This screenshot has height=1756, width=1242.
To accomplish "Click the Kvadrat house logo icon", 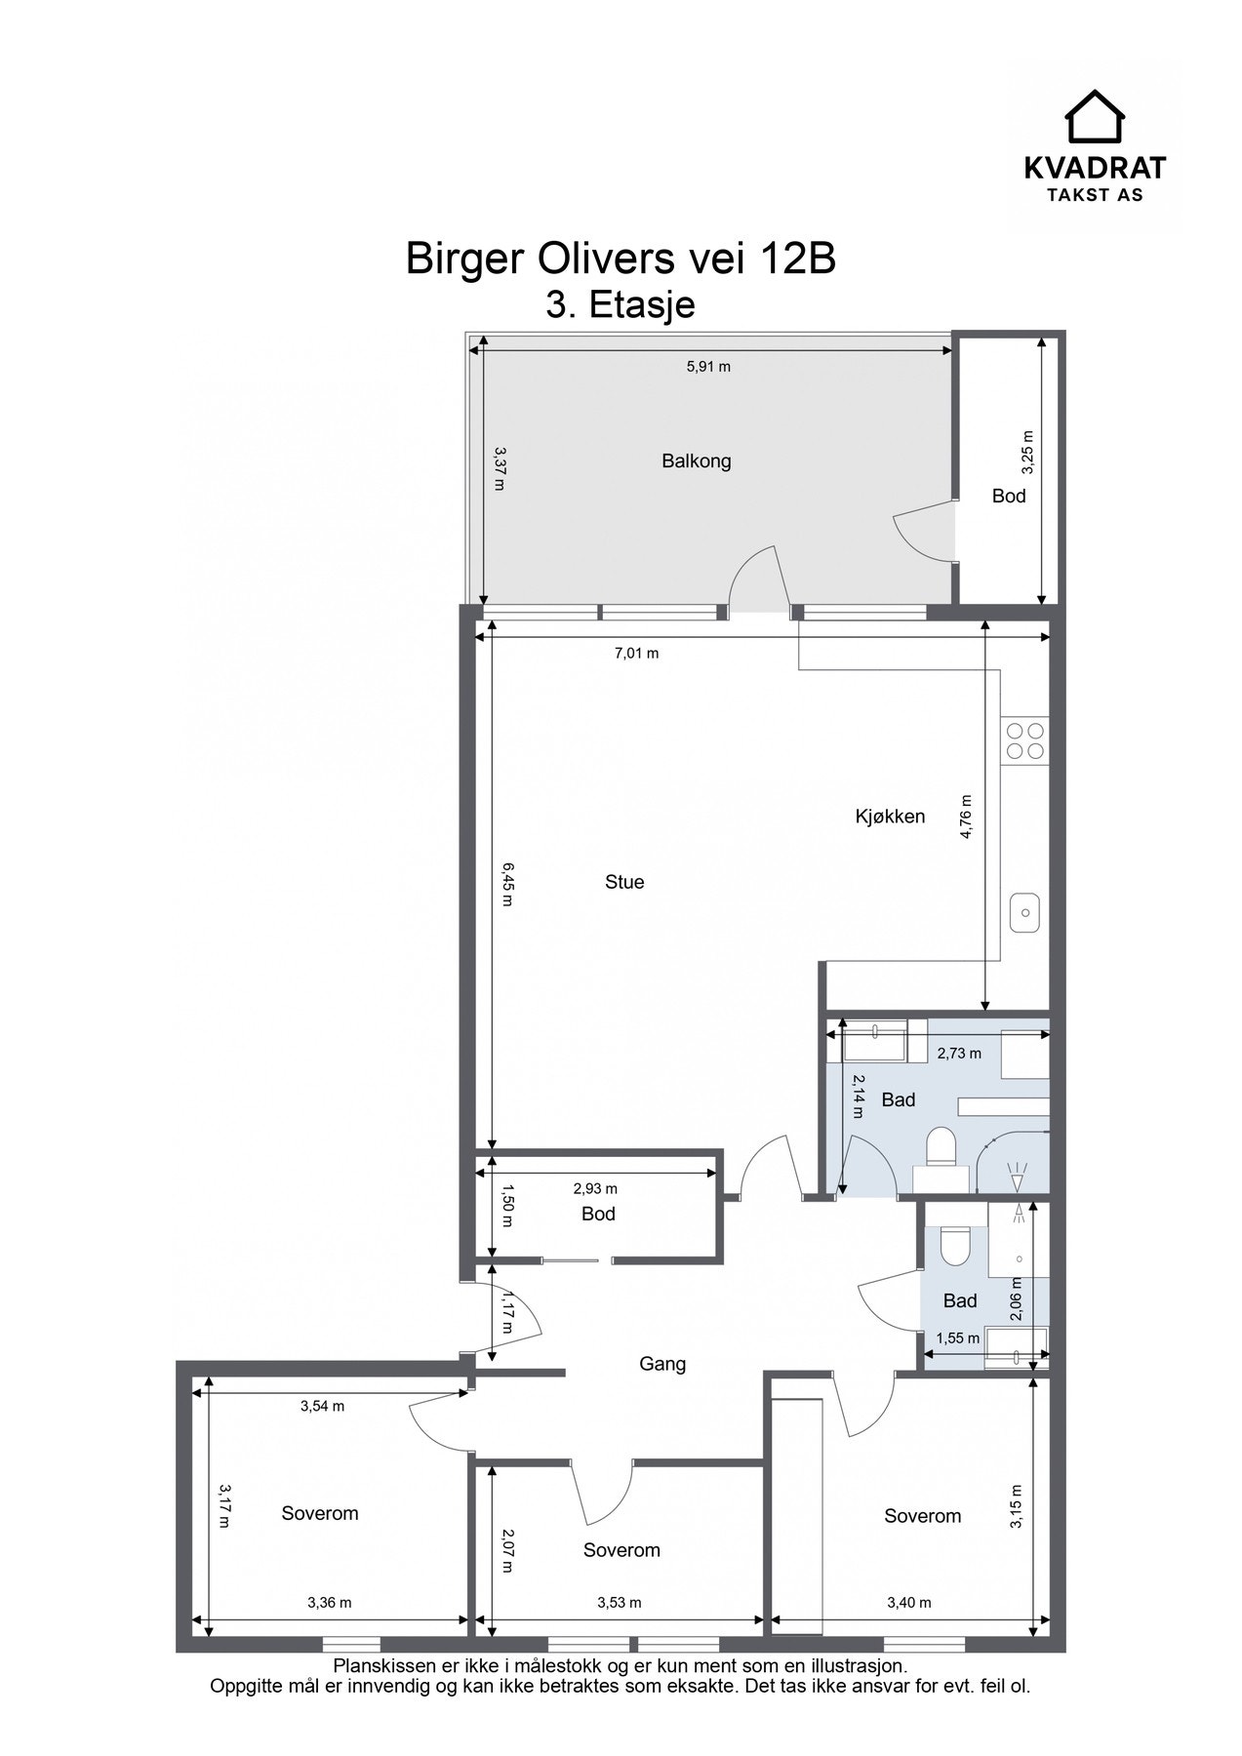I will click(x=1094, y=116).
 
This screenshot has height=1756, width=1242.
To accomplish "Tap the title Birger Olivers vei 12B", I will click(x=621, y=259).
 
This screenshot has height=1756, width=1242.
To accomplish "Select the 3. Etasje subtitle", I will click(x=621, y=304).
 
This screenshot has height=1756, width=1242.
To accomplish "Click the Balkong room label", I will click(x=696, y=461).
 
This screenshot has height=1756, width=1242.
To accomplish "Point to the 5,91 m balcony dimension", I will click(x=708, y=367).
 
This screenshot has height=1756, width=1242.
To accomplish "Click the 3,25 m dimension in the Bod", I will click(x=1026, y=454).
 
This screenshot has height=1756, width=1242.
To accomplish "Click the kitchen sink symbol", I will click(x=1024, y=913).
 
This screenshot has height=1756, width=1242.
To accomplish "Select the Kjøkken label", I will click(x=890, y=817).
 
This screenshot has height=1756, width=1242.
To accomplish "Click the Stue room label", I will click(x=624, y=882).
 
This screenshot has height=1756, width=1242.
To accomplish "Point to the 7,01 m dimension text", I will click(x=636, y=654).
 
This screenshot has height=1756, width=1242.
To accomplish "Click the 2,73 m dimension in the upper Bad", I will click(x=959, y=1054).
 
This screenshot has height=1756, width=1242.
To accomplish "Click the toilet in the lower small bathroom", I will click(x=952, y=1245).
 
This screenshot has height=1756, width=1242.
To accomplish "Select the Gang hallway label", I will click(x=662, y=1364).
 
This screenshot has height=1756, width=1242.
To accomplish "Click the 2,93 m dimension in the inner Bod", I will click(x=595, y=1189).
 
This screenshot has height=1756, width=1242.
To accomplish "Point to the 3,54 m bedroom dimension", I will click(x=322, y=1406).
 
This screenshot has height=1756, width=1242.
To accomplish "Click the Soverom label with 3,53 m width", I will click(x=621, y=1550).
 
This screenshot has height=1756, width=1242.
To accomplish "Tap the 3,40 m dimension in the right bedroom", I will click(x=908, y=1602).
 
